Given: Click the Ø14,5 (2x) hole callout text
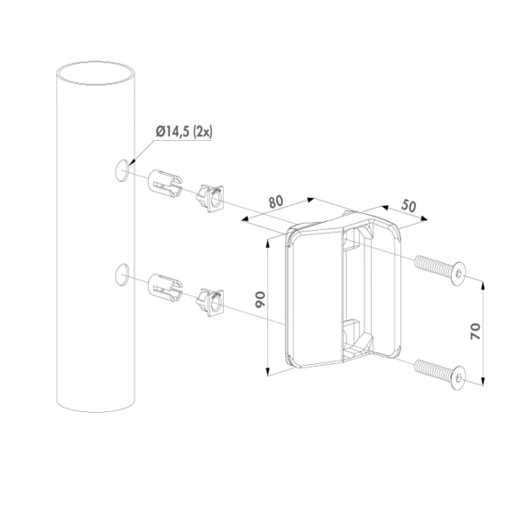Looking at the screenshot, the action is click(x=184, y=131).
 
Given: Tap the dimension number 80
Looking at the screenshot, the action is click(x=276, y=202).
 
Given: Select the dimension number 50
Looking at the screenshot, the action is click(x=408, y=205).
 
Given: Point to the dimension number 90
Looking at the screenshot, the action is click(x=260, y=300).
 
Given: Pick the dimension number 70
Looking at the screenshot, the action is click(x=475, y=332).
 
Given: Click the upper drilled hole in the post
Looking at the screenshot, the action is click(x=122, y=170).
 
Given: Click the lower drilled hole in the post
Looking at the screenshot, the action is click(x=122, y=275).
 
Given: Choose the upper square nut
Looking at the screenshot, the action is click(x=210, y=198).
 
